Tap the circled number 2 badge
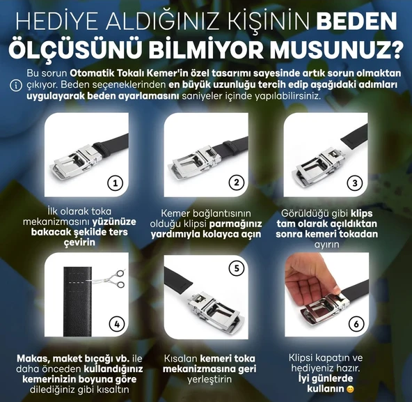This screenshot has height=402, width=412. point(237,183)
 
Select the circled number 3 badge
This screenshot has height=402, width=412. point(356,183)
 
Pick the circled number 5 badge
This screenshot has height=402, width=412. point(237,267)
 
